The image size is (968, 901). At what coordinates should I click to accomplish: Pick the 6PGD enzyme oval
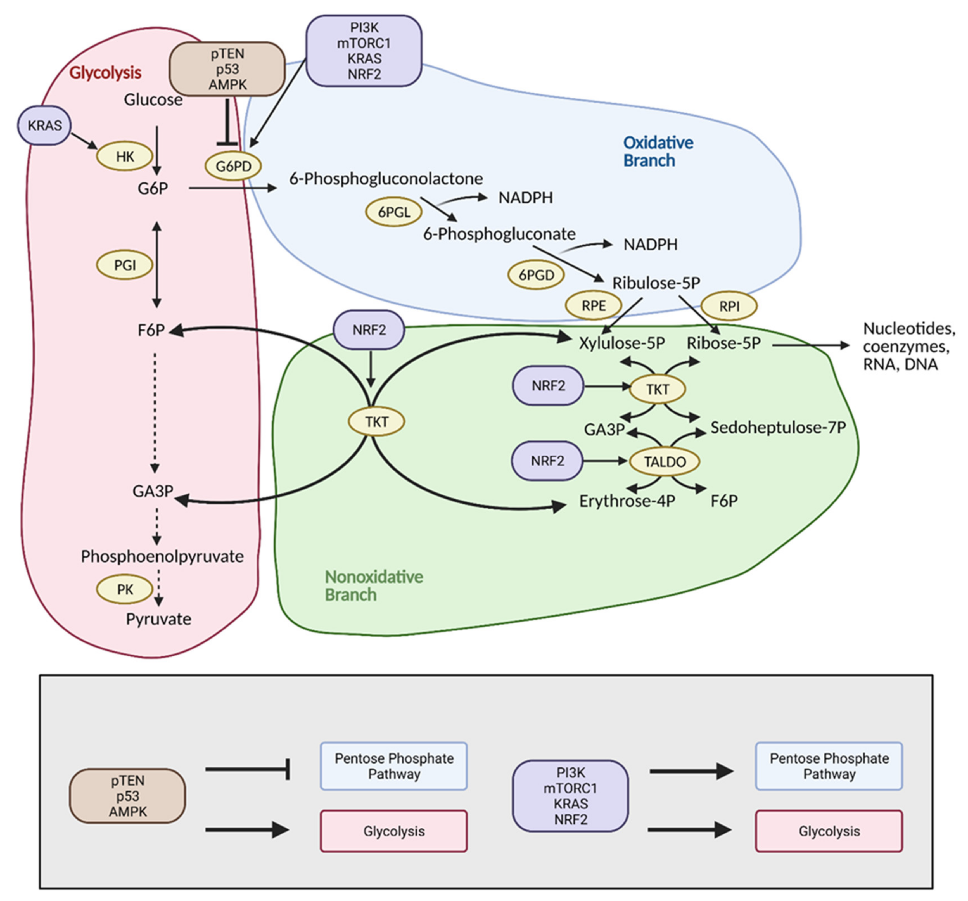536,275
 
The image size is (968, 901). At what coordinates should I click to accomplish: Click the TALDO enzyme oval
665,462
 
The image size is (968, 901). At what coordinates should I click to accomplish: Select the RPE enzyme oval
594,306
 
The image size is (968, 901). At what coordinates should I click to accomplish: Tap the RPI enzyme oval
729,306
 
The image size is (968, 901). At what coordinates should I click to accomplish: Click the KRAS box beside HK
44,126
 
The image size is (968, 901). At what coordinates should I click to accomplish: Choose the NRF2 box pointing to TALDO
547,461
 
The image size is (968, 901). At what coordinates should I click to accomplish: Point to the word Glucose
153,100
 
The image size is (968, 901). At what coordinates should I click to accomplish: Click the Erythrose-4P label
627,501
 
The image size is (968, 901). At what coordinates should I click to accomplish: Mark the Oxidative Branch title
658,151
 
